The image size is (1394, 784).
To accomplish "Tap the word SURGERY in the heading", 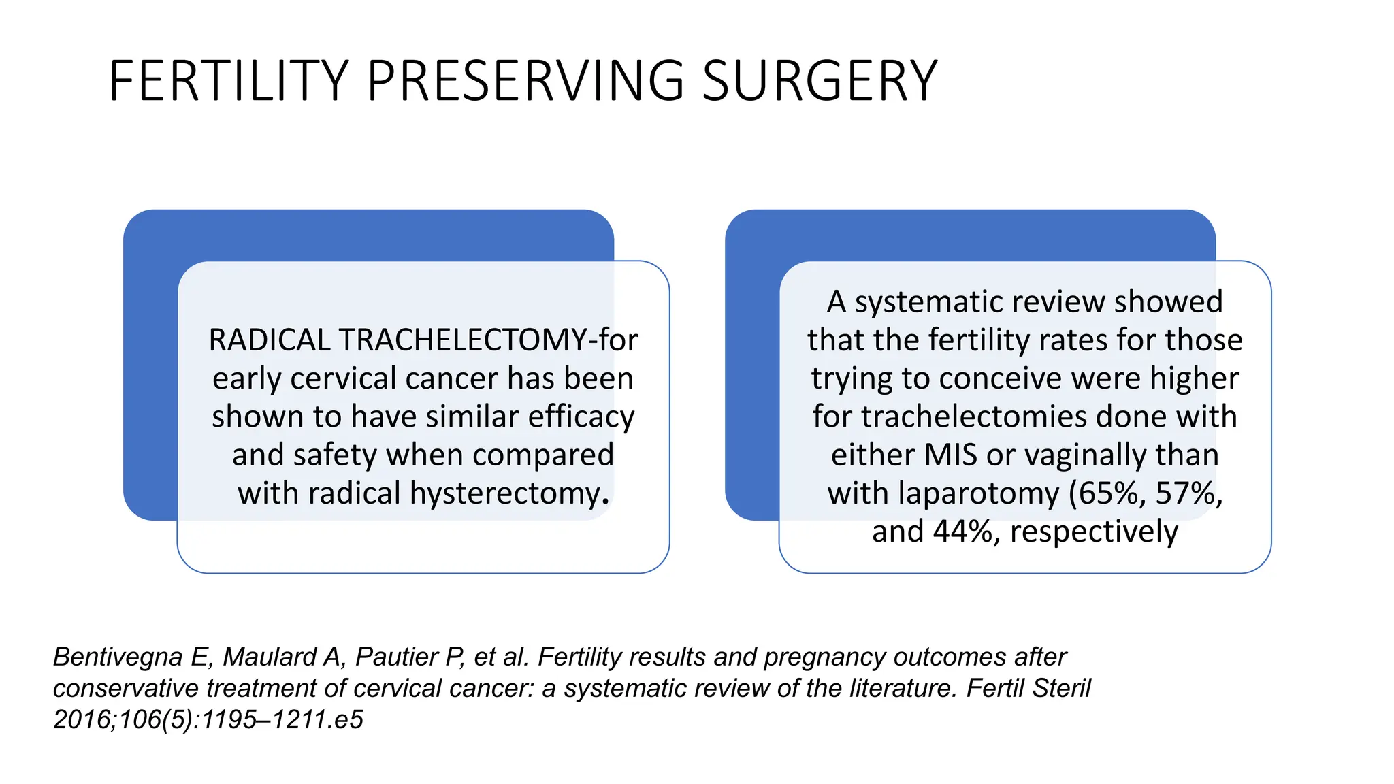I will click(x=820, y=81).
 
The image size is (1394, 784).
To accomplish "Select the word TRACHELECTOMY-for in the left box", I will click(x=489, y=340).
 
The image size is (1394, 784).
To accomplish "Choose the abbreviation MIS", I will click(x=951, y=455).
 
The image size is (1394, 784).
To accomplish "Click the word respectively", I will click(x=1094, y=532).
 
